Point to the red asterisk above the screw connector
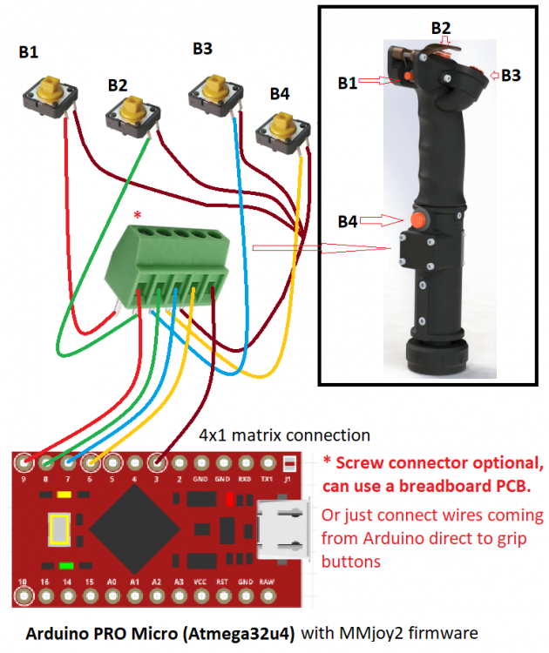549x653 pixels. point(137,214)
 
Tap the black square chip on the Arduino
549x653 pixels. point(132,528)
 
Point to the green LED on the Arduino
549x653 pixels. point(66,566)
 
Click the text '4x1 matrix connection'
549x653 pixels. point(284,434)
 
